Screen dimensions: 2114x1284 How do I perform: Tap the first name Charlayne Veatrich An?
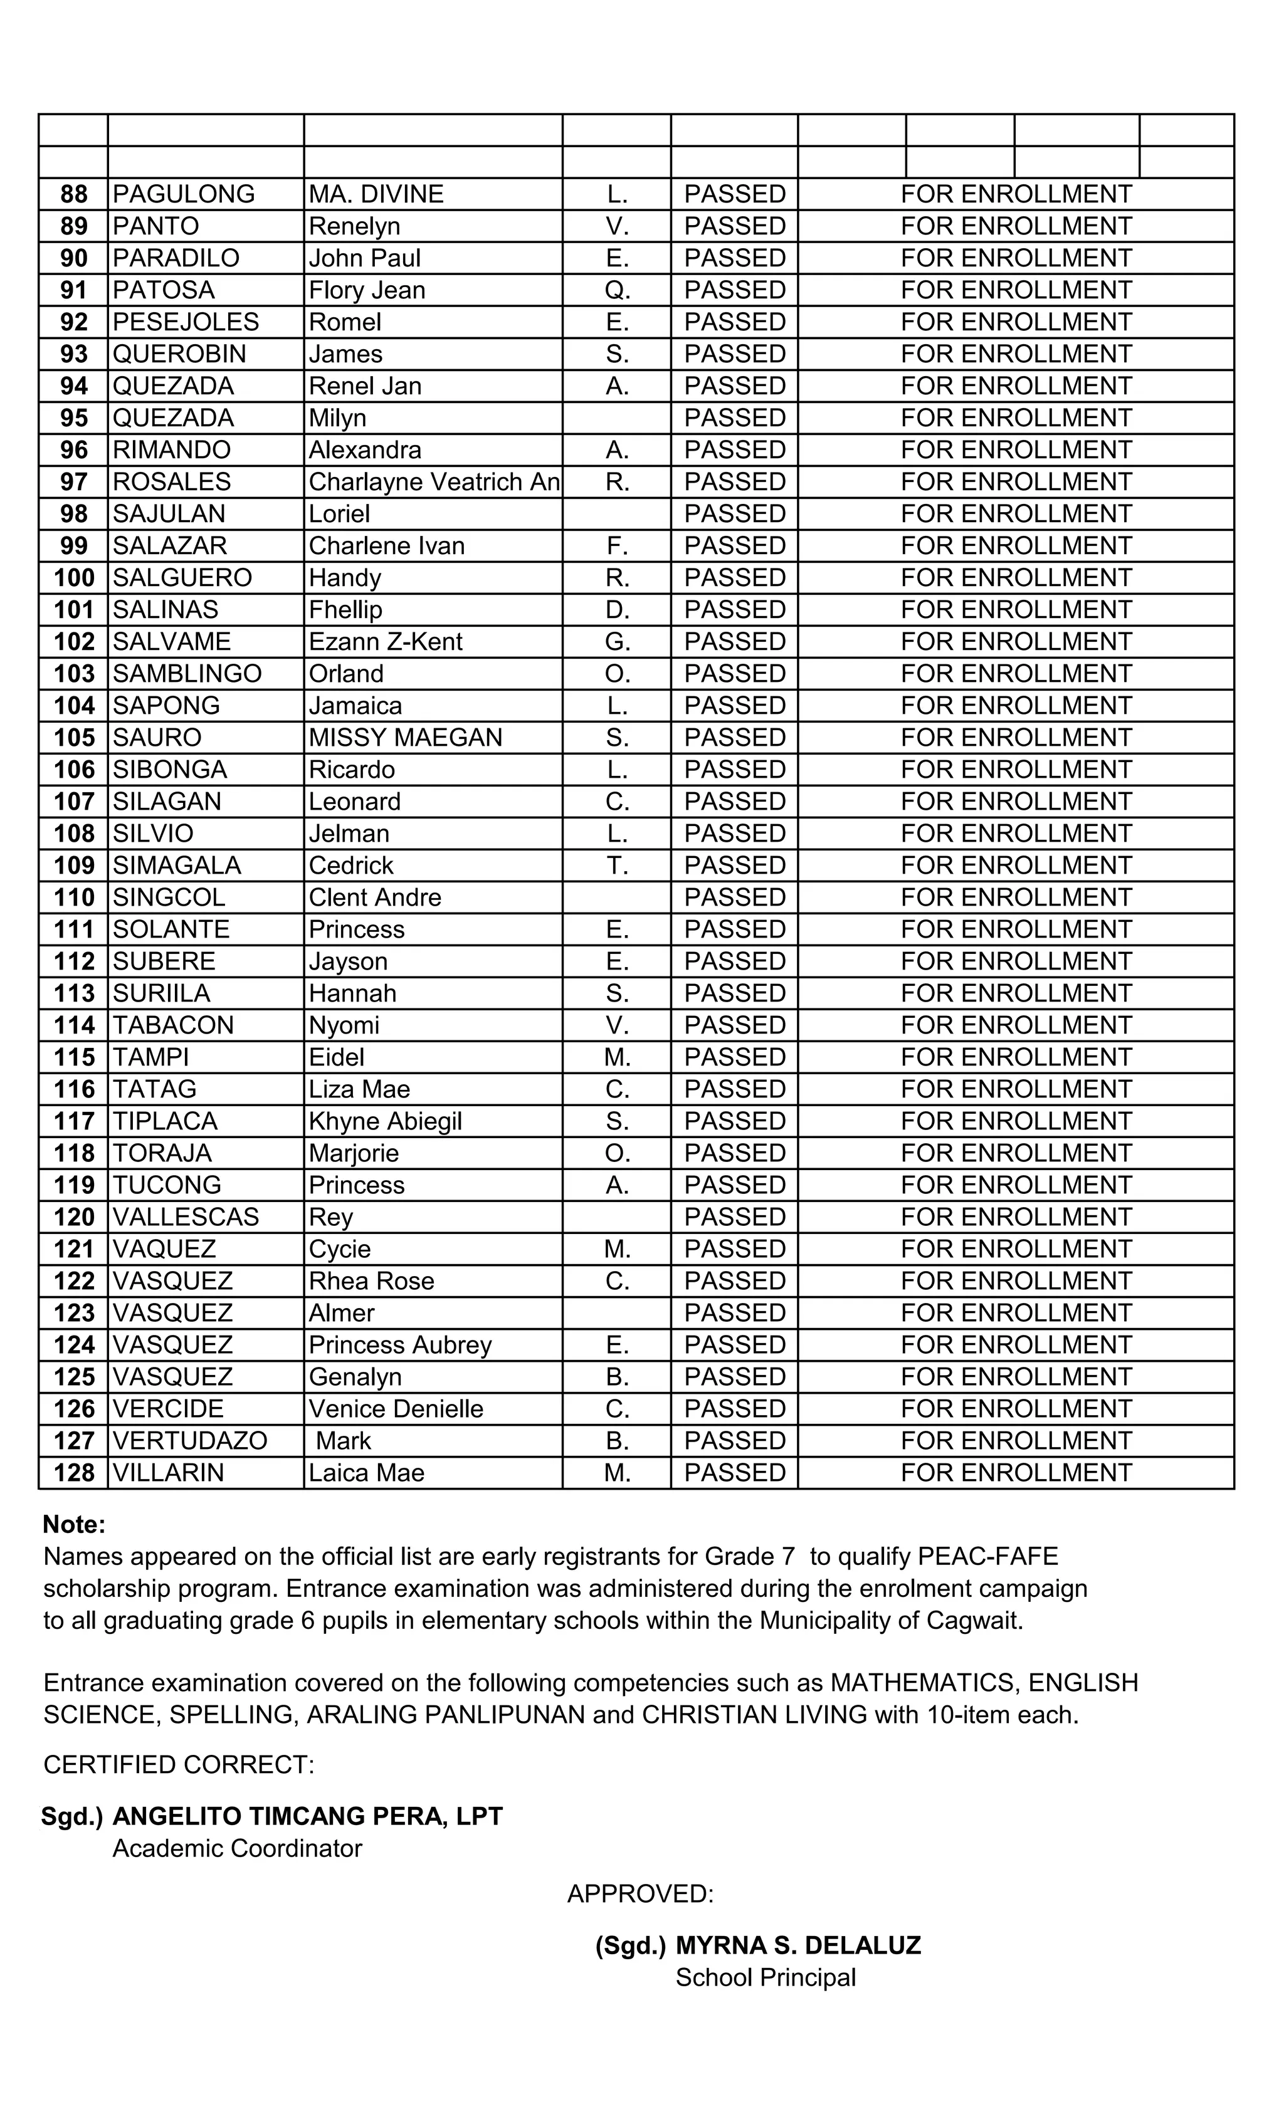pyautogui.click(x=433, y=482)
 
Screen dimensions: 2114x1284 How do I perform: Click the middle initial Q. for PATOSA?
pyautogui.click(x=617, y=291)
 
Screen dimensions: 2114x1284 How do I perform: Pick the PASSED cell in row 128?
pyautogui.click(x=735, y=1473)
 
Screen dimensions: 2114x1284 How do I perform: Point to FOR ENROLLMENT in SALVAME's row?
pyautogui.click(x=1016, y=642)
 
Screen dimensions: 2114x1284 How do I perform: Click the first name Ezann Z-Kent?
pyautogui.click(x=386, y=642)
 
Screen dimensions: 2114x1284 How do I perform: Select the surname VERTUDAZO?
pyautogui.click(x=190, y=1440)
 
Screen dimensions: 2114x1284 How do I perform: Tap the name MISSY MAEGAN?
pyautogui.click(x=405, y=738)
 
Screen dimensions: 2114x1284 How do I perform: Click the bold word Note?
pyautogui.click(x=74, y=1525)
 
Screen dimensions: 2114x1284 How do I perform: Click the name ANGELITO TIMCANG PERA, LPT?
pyautogui.click(x=307, y=1816)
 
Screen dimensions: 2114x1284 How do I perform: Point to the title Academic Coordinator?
pyautogui.click(x=237, y=1848)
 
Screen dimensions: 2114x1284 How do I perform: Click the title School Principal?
pyautogui.click(x=766, y=1977)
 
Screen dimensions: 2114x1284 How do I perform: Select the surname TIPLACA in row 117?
pyautogui.click(x=165, y=1121)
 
